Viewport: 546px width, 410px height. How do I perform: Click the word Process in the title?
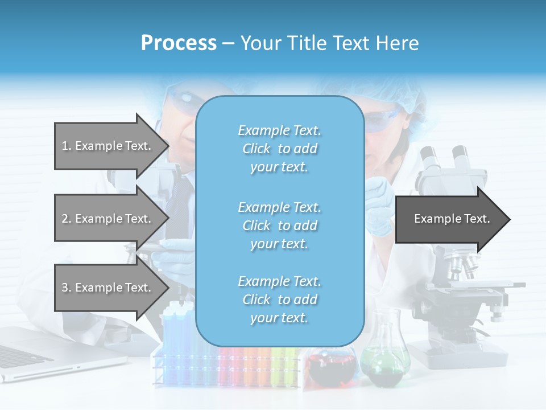179,43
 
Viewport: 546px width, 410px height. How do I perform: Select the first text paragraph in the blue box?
279,149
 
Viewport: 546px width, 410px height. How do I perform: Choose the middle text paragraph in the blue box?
279,225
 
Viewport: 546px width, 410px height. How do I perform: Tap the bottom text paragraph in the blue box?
279,300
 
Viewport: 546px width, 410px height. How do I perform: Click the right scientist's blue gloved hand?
378,205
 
